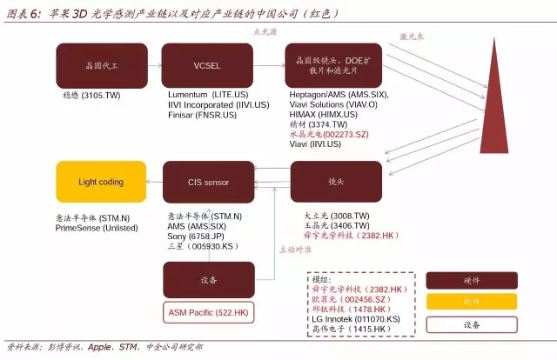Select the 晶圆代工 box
pyautogui.click(x=89, y=65)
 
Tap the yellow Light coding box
pyautogui.click(x=101, y=183)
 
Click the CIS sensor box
pyautogui.click(x=209, y=183)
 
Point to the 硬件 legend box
pyautogui.click(x=471, y=280)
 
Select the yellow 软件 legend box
pyautogui.click(x=471, y=302)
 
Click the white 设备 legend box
pyautogui.click(x=471, y=324)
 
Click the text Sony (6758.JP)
pyautogui.click(x=195, y=236)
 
